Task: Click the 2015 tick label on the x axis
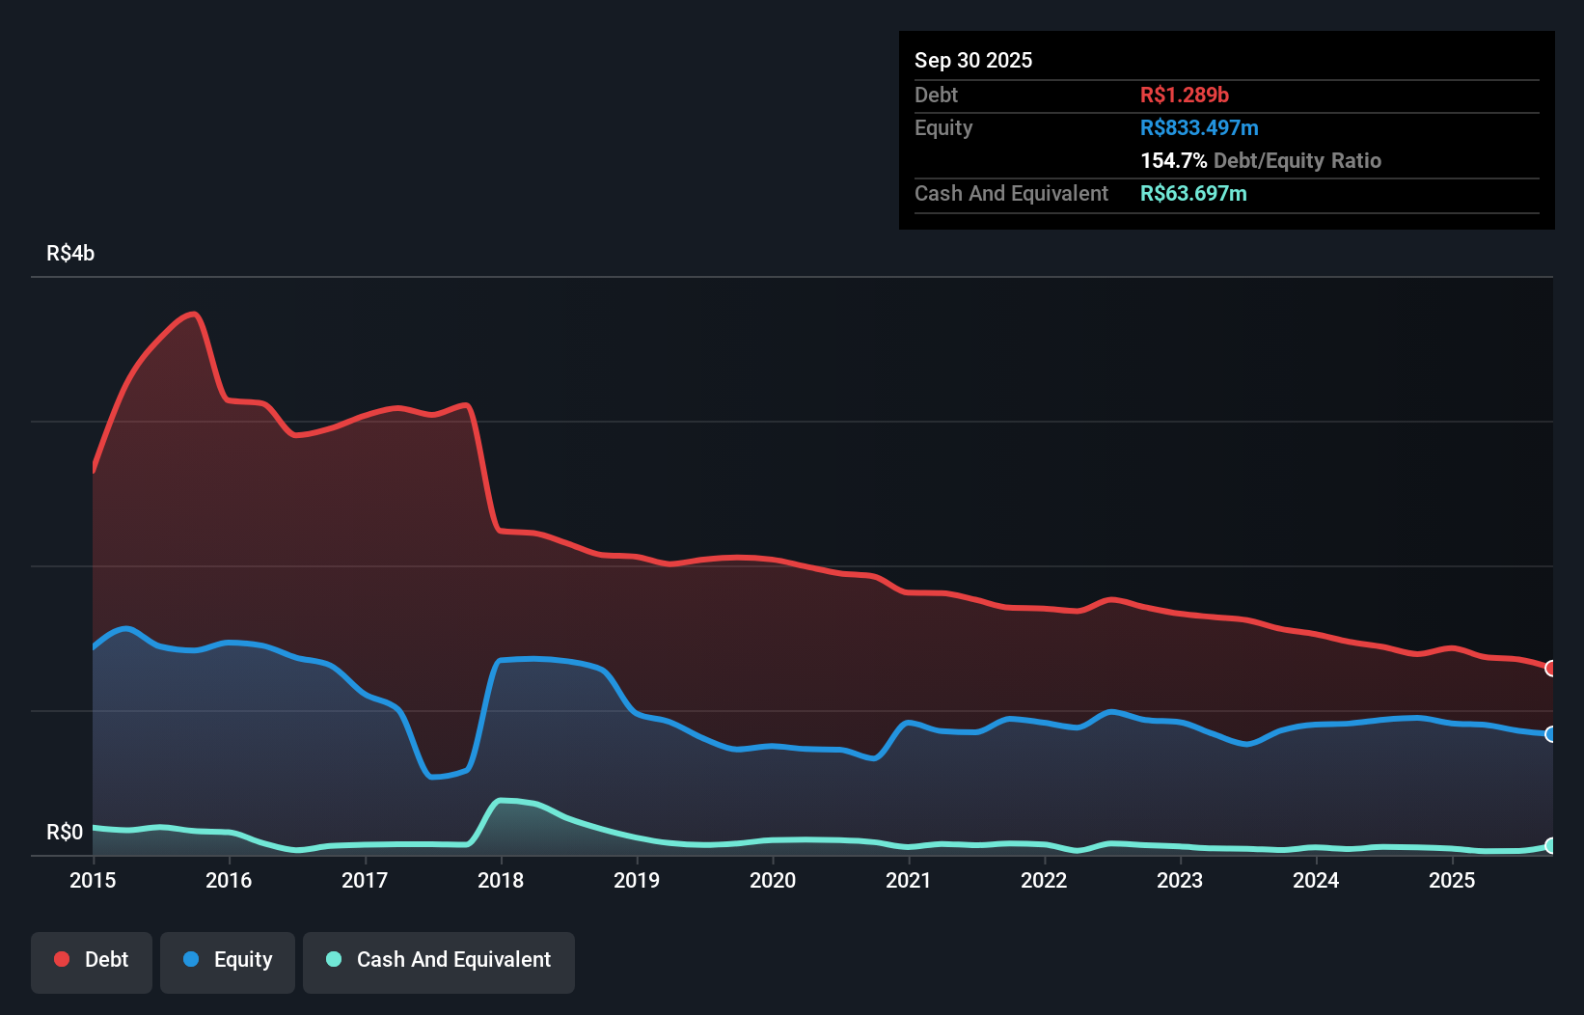[x=93, y=880]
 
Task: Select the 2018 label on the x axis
[x=501, y=880]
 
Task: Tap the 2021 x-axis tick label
[x=909, y=880]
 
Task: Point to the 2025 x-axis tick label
[x=1452, y=880]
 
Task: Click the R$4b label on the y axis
[x=70, y=254]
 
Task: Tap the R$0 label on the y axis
[x=65, y=832]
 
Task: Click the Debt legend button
[x=92, y=960]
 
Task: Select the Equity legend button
[x=228, y=960]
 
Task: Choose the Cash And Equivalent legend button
[x=439, y=960]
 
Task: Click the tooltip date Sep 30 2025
[x=972, y=61]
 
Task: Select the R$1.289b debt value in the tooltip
[x=1184, y=95]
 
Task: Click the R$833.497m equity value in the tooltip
[x=1198, y=127]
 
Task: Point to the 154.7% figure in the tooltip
[x=1173, y=160]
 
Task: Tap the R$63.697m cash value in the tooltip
[x=1192, y=193]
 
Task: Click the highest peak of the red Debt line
[x=194, y=314]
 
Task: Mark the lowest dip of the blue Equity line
[x=432, y=777]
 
